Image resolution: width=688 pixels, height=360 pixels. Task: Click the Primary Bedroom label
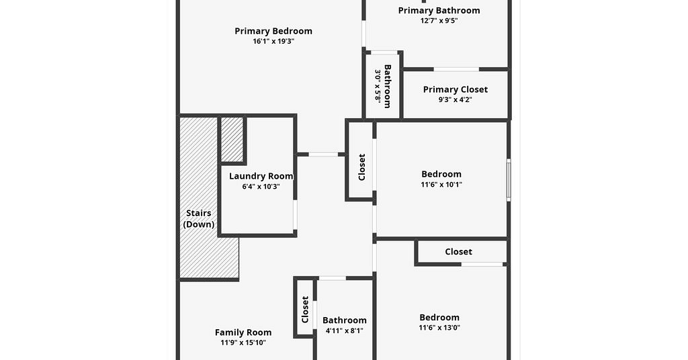click(x=273, y=31)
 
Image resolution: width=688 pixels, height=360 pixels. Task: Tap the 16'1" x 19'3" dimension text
click(x=273, y=41)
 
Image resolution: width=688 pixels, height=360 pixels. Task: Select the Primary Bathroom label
click(x=439, y=11)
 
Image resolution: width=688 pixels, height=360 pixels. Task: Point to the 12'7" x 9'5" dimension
click(x=439, y=21)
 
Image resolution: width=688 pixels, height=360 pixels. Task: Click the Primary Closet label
click(x=456, y=89)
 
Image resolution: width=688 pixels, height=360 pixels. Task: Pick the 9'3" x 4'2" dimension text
click(x=456, y=99)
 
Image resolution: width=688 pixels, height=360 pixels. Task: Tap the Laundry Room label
click(x=261, y=176)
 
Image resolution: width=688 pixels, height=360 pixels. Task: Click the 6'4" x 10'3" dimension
click(x=261, y=186)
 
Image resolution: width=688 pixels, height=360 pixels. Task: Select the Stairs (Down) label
click(x=199, y=219)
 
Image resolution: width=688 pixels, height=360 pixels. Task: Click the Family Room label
click(x=243, y=332)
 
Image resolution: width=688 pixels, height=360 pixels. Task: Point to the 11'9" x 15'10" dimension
click(x=243, y=343)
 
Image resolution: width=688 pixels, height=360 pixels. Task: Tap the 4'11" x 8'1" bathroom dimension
click(x=345, y=331)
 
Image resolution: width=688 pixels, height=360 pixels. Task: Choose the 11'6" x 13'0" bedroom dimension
click(x=439, y=328)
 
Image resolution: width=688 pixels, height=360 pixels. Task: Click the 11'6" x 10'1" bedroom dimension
click(x=441, y=185)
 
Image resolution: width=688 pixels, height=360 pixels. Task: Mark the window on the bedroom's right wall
click(x=509, y=180)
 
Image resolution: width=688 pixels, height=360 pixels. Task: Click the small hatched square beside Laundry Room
click(x=232, y=140)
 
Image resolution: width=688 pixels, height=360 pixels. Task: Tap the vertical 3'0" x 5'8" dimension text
click(x=378, y=86)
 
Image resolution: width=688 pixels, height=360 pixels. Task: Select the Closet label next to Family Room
click(x=306, y=310)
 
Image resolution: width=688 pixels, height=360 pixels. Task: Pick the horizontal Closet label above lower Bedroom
click(x=458, y=252)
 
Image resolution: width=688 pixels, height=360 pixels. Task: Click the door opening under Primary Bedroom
click(x=323, y=154)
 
